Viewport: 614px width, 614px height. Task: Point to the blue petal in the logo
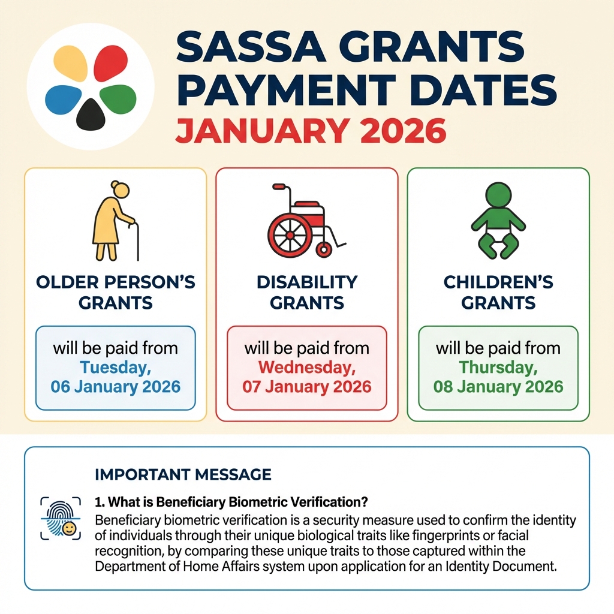pos(63,98)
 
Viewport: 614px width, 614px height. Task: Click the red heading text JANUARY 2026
pos(310,130)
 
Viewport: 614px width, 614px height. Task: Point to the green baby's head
pos(498,194)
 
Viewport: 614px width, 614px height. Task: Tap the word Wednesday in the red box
pos(307,367)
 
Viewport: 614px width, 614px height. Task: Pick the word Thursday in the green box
pos(498,367)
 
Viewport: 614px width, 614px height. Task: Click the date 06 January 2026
pos(116,386)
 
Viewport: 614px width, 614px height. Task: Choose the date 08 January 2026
pos(498,386)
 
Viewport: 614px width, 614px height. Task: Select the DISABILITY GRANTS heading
pos(307,292)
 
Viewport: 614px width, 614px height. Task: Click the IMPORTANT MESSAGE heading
pos(183,475)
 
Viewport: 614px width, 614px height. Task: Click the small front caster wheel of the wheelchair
pos(324,249)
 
